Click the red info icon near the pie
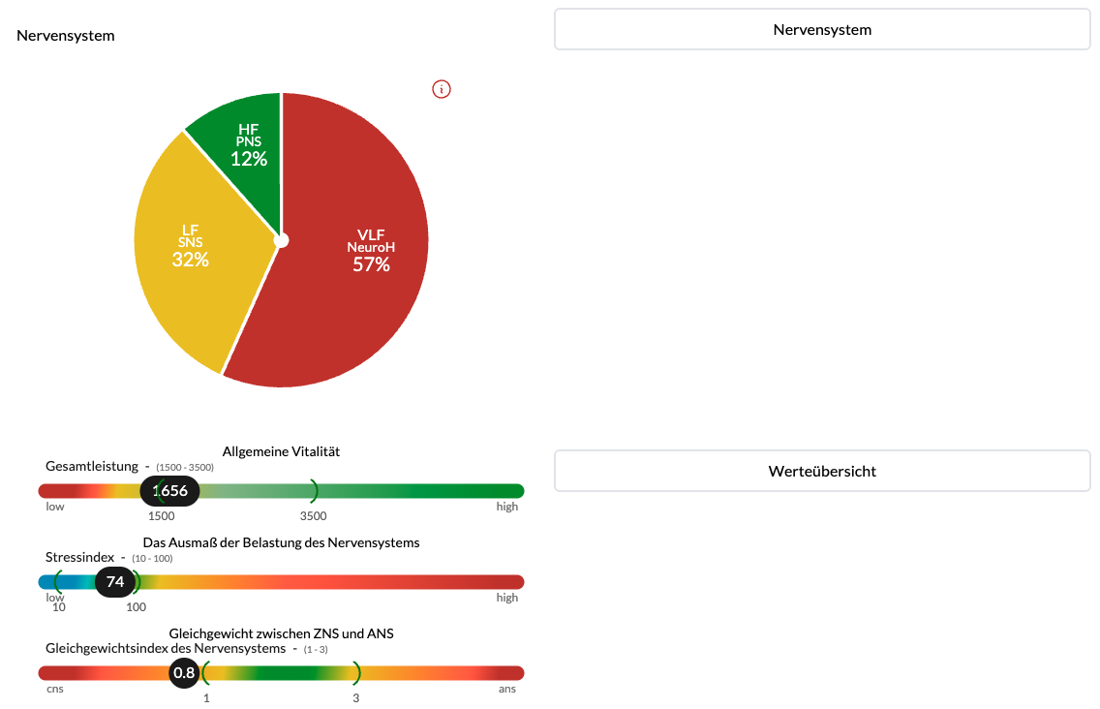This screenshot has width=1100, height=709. click(442, 90)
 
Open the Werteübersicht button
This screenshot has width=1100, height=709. click(822, 472)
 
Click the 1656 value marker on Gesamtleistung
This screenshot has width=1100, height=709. click(170, 491)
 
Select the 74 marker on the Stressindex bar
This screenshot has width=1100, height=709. click(115, 582)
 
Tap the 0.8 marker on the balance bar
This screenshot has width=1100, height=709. click(184, 673)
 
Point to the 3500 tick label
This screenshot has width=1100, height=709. click(314, 516)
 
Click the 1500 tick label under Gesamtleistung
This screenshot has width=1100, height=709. click(162, 516)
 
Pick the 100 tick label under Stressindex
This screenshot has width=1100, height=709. click(137, 607)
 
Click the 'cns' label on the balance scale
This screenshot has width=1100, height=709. click(55, 690)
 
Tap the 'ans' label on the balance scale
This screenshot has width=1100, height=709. click(507, 690)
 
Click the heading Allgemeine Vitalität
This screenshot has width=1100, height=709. click(281, 451)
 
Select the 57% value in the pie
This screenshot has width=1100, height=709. click(371, 264)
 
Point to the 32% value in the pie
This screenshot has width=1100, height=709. click(191, 260)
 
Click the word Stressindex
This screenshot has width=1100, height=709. click(79, 558)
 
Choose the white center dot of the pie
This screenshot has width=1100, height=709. click(281, 240)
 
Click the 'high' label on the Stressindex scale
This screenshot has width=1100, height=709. click(507, 598)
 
